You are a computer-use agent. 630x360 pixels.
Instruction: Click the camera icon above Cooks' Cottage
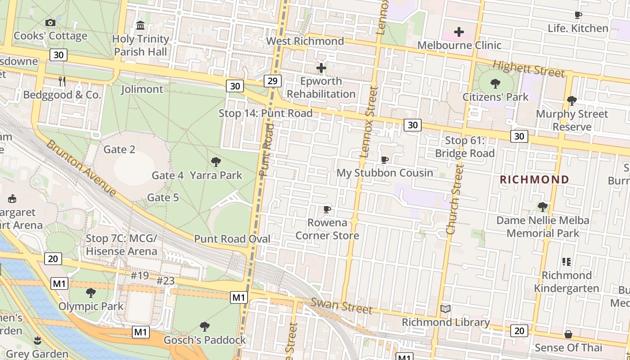[50, 22]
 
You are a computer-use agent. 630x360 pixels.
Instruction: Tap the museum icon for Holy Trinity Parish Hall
[140, 25]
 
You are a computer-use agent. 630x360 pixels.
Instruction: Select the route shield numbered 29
[273, 81]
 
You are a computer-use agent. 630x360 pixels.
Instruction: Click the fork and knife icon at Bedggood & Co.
[62, 81]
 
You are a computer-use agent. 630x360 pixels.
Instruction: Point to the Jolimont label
[142, 89]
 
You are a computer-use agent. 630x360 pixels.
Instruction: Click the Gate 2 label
[119, 149]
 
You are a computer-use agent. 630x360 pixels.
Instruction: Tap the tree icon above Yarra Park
[216, 162]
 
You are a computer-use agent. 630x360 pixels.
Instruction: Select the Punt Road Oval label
[232, 238]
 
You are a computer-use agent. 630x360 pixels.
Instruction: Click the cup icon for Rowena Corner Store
[327, 210]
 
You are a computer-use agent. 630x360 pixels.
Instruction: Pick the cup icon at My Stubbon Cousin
[385, 160]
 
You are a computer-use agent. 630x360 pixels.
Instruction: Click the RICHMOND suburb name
[535, 180]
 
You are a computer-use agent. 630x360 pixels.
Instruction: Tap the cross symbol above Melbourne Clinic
[459, 32]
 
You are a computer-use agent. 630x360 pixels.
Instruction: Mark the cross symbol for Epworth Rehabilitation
[321, 68]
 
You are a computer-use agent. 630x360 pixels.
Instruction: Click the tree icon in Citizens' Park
[495, 84]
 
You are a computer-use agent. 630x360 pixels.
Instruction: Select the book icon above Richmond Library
[445, 309]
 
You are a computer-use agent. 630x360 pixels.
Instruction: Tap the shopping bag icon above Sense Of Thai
[568, 334]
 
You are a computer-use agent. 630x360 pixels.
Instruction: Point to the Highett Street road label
[528, 68]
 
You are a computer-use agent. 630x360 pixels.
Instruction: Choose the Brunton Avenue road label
[81, 168]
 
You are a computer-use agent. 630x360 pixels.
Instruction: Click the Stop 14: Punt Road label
[265, 113]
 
